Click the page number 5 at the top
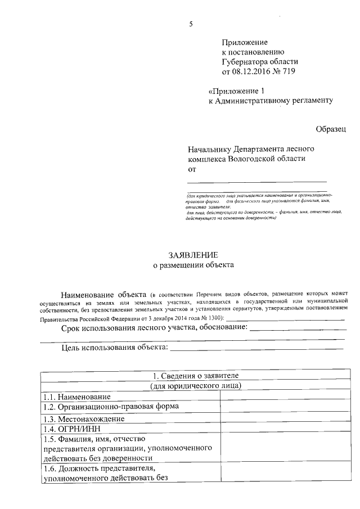(x=191, y=24)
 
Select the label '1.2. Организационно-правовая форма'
(x=111, y=406)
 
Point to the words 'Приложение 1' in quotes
(x=236, y=91)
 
